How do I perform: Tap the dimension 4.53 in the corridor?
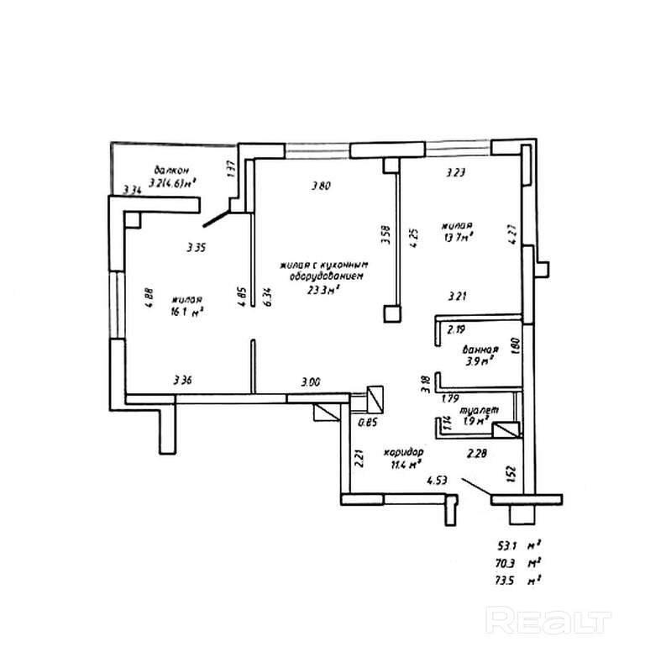[x=436, y=481]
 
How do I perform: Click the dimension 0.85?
[x=366, y=423]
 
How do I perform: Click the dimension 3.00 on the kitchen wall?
[x=311, y=382]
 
